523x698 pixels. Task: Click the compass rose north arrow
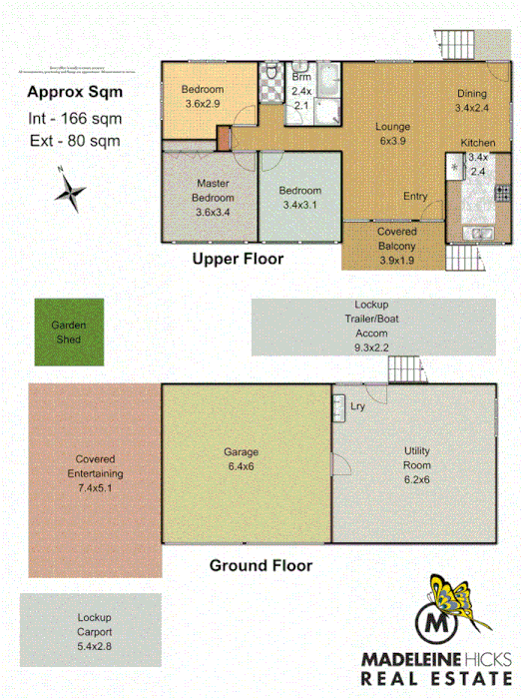click(x=71, y=191)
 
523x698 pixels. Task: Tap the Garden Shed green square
click(x=68, y=333)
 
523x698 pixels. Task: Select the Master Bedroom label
click(x=213, y=198)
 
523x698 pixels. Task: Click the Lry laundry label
click(x=356, y=405)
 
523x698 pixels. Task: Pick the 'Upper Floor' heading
click(x=238, y=259)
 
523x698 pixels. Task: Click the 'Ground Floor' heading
click(x=260, y=565)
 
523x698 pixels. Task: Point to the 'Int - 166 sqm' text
click(x=75, y=120)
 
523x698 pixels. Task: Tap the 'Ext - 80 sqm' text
click(x=74, y=141)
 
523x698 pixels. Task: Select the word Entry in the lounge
click(x=415, y=197)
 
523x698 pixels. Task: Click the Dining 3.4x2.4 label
click(x=472, y=101)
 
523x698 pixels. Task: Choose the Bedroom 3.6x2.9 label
click(x=203, y=96)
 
